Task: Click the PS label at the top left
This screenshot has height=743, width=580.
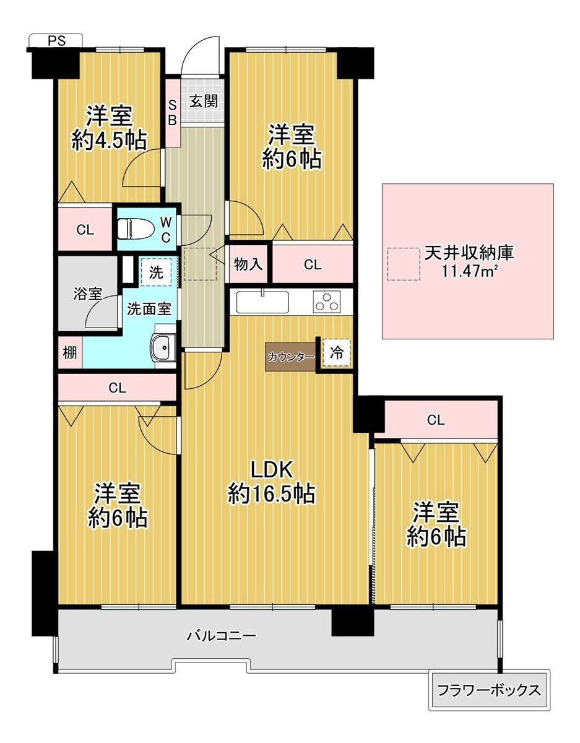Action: point(56,41)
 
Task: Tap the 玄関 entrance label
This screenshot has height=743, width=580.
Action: point(204,101)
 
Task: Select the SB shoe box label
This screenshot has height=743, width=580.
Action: point(173,113)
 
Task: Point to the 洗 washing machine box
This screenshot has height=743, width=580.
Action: point(156,273)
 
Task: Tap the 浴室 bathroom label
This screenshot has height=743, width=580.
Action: point(88,293)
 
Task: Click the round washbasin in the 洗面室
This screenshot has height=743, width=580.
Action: point(163,347)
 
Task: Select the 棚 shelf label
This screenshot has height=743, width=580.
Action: point(70,352)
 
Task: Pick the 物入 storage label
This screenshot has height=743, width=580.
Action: point(248,264)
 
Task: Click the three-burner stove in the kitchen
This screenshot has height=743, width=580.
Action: point(327,302)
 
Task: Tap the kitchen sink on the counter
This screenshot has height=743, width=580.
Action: point(262,302)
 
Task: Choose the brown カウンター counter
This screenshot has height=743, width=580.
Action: point(291,357)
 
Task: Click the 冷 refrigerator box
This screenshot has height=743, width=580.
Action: point(336,353)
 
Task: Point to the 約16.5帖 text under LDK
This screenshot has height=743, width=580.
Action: point(271,493)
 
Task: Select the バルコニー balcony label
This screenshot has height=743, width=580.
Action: point(221,636)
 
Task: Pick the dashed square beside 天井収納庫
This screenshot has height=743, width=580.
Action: point(404,264)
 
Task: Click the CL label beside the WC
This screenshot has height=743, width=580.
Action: point(85,230)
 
